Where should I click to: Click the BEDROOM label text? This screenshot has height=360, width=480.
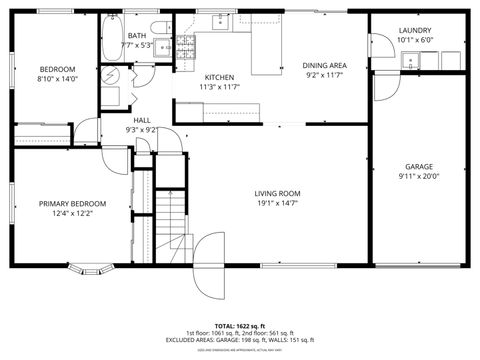[x=57, y=69]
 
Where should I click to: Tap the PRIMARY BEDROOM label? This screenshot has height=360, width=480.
[x=72, y=203]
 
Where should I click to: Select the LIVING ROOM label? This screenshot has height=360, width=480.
[x=277, y=193]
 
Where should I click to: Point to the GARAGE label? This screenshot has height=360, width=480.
[x=418, y=166]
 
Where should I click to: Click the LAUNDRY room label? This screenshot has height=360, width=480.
[x=415, y=31]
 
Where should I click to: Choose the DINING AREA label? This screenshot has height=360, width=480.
[x=324, y=65]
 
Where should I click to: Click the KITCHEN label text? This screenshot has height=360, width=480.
[x=219, y=77]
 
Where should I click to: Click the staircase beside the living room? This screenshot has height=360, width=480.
[x=176, y=225]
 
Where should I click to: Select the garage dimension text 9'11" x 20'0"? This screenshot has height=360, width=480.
[x=418, y=176]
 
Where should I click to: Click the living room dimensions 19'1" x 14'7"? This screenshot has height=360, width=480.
[x=277, y=203]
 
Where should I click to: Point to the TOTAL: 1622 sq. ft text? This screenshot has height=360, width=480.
[x=239, y=325]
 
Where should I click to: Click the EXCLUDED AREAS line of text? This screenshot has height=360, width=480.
[x=239, y=340]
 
